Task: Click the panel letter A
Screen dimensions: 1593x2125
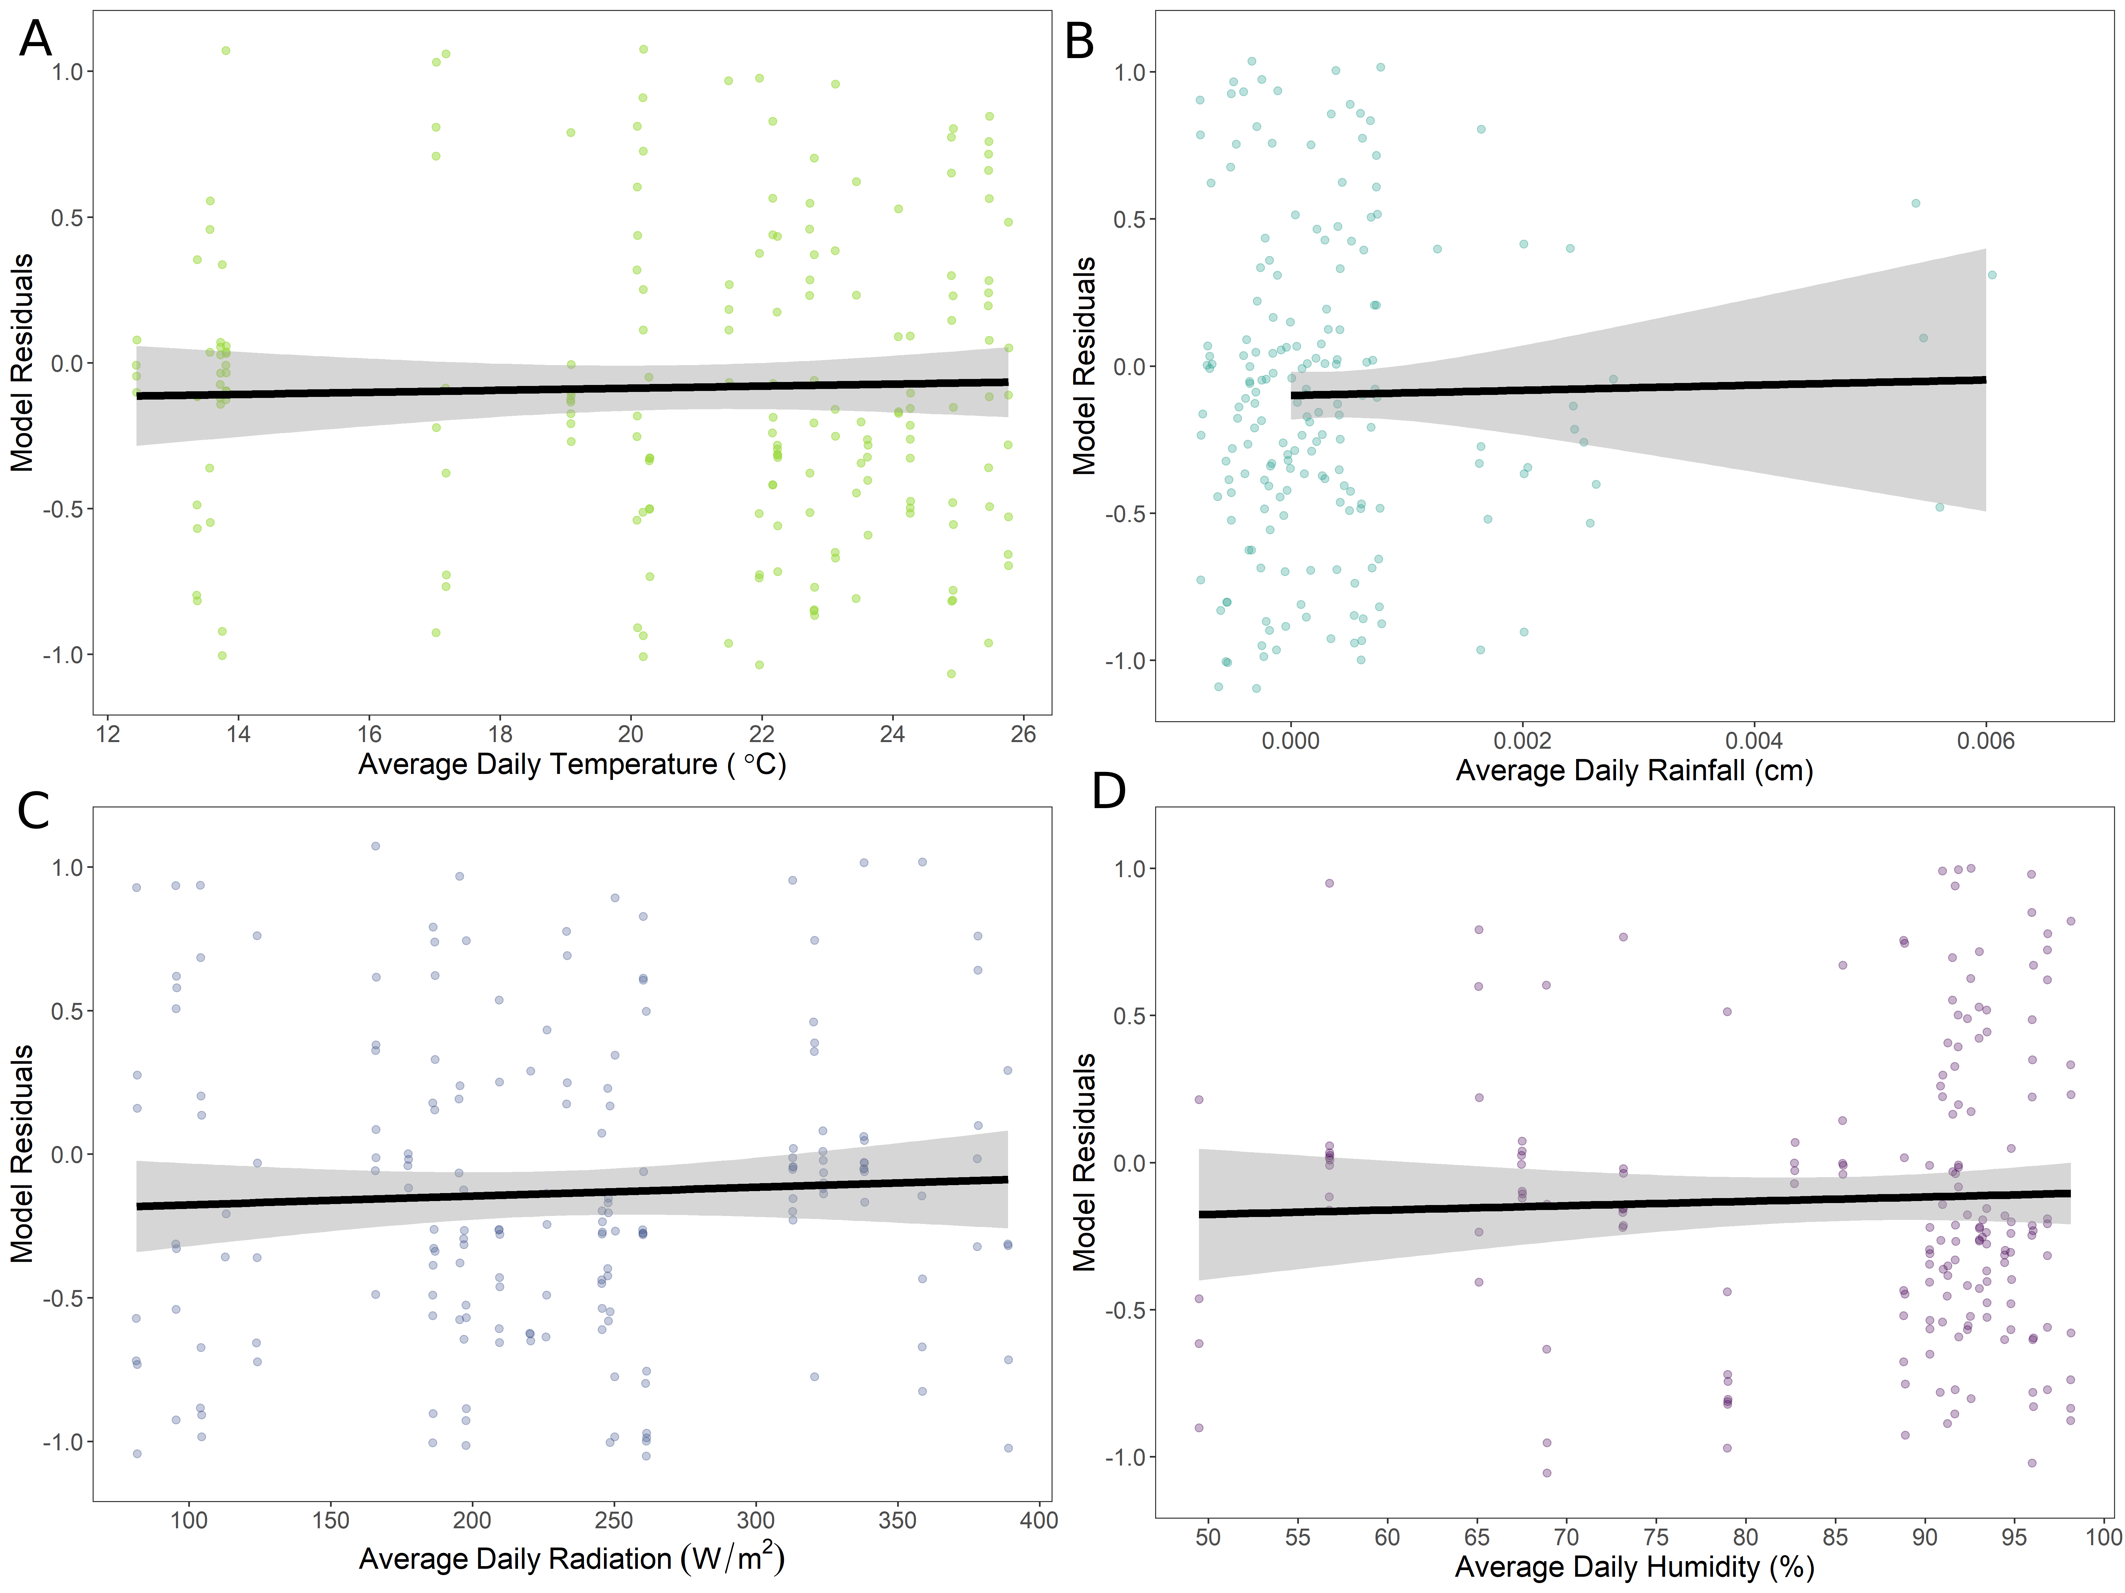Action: click(36, 39)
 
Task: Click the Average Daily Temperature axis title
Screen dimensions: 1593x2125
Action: click(572, 764)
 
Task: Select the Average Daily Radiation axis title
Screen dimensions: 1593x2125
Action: click(572, 1557)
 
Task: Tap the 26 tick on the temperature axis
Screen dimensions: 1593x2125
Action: click(1023, 734)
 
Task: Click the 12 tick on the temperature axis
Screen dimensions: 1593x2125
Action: click(108, 734)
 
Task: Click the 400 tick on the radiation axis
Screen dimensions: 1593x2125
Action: click(1039, 1520)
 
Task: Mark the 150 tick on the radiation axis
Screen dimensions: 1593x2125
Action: click(330, 1520)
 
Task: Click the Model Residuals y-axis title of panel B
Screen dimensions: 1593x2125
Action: click(1085, 366)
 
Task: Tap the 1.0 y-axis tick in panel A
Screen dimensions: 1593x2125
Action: click(67, 72)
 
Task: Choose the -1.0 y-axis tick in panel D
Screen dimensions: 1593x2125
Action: click(1124, 1458)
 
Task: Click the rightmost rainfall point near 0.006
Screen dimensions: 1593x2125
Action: click(1992, 274)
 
